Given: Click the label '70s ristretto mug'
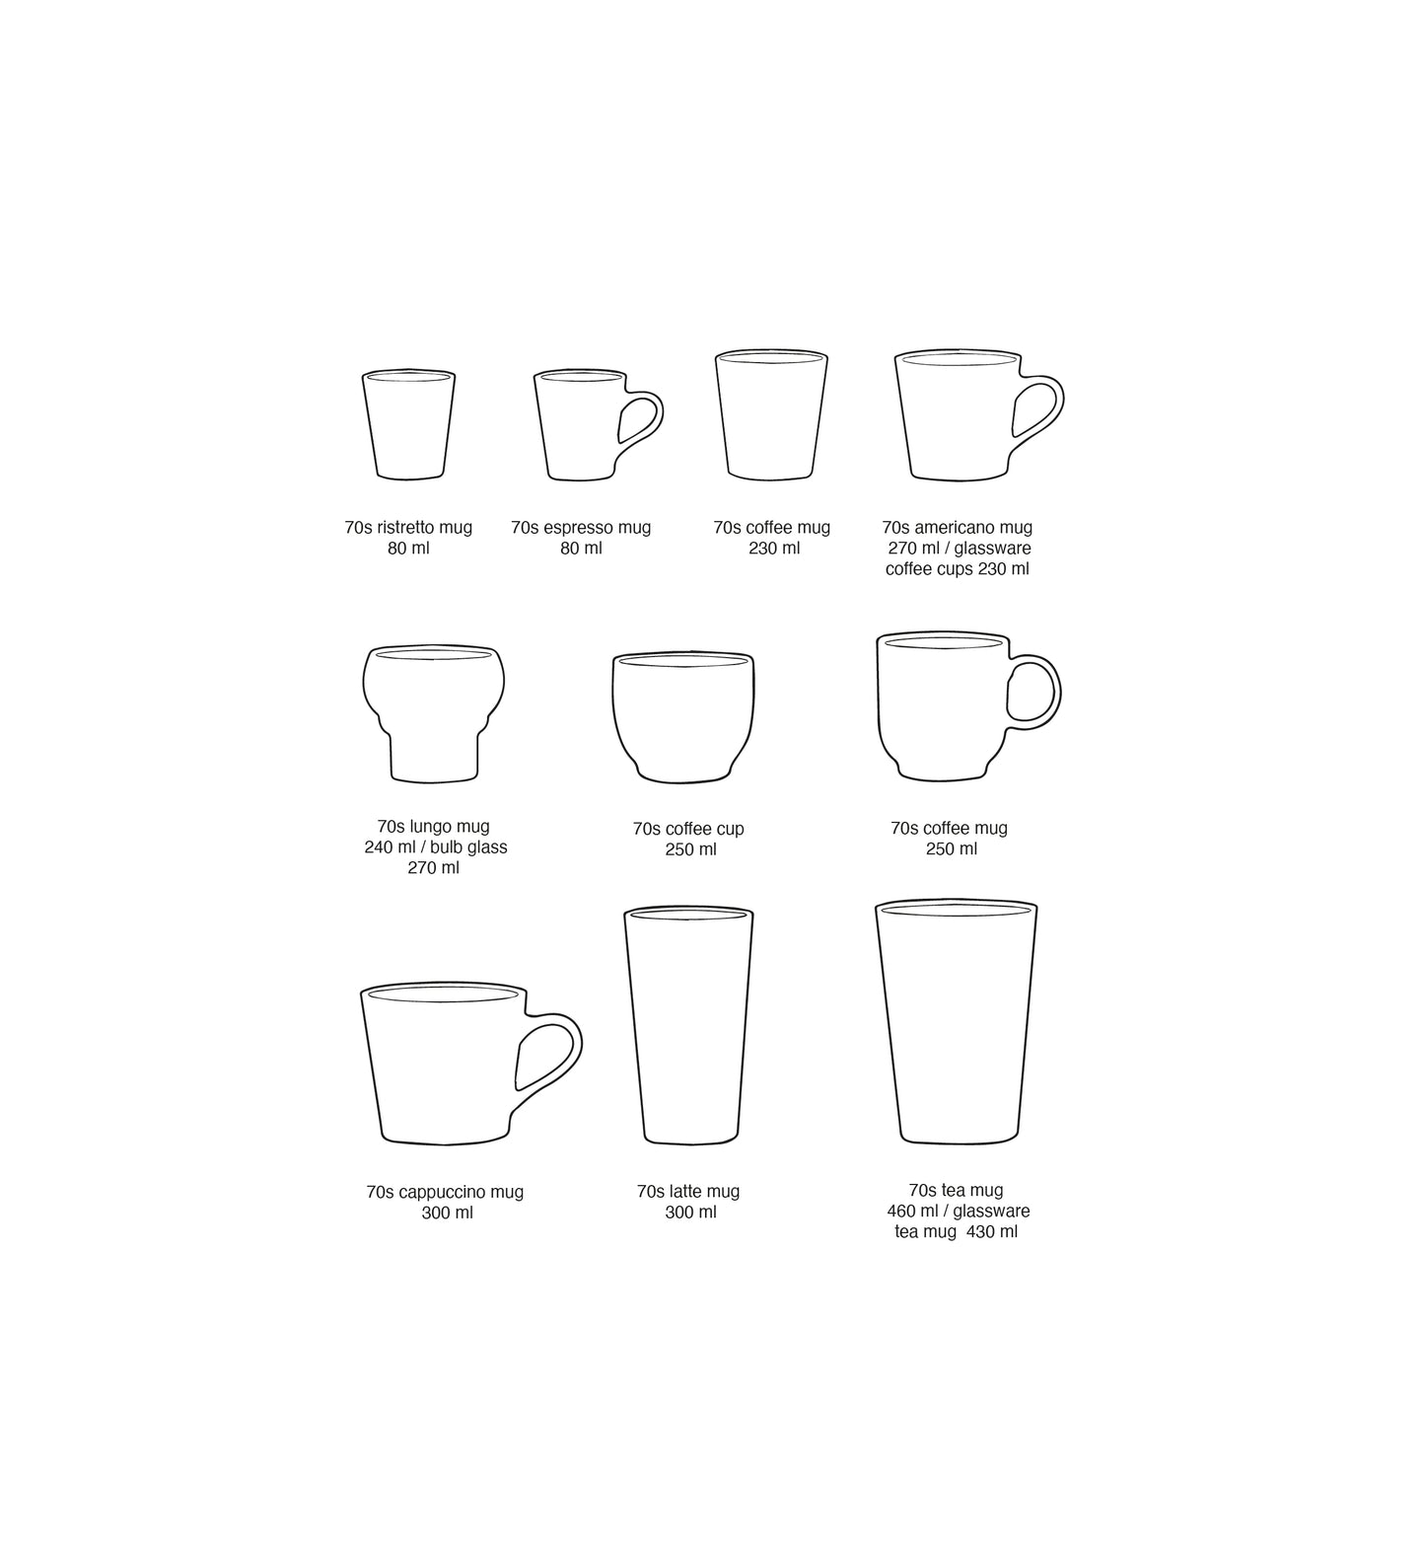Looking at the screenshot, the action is coord(408,528).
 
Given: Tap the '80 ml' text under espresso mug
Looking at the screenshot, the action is coord(581,549).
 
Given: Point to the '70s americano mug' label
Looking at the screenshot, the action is coord(957,528).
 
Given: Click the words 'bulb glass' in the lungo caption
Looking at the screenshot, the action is coord(469,847).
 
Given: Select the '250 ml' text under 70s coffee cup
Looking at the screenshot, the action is coord(690,849).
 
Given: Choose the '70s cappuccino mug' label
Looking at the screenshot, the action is coord(445,1192).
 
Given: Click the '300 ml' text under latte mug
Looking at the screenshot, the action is coord(690,1213).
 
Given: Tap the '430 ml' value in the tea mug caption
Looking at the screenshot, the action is coord(992,1232).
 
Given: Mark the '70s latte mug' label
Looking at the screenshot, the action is coord(688,1192).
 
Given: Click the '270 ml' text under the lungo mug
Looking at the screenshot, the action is coord(434,868).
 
